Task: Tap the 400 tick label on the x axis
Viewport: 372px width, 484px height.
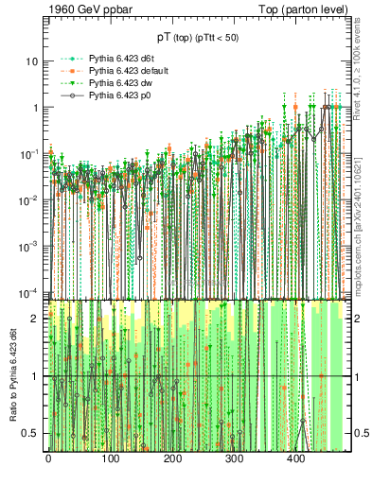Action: click(x=296, y=458)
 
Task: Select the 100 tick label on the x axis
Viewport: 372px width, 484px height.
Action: click(x=110, y=458)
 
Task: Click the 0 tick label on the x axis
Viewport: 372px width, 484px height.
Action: click(x=48, y=458)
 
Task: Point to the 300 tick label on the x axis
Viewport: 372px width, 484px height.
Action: click(x=234, y=458)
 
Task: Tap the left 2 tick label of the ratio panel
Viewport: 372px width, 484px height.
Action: click(x=34, y=319)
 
